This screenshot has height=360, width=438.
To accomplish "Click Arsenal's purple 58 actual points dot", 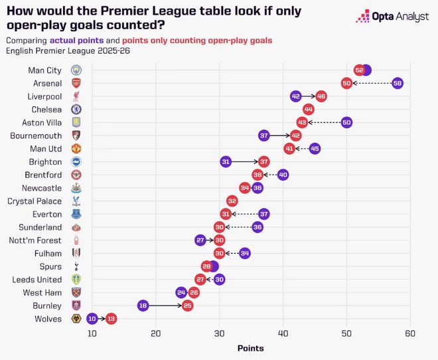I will (398, 83).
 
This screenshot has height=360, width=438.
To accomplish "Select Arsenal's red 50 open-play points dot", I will (346, 83).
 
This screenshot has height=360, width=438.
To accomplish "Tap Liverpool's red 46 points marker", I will (321, 96).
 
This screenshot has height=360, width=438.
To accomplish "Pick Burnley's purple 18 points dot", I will (143, 306).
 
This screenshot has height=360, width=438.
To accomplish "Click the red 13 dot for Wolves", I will (111, 319).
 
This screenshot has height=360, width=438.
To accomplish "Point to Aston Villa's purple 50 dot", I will (346, 122).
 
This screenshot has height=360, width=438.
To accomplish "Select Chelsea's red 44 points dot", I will (309, 109).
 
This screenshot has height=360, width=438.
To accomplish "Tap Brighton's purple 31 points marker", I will (226, 161).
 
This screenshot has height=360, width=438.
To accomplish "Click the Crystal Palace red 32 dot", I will (232, 201).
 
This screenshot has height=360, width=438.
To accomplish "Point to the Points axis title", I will (250, 349).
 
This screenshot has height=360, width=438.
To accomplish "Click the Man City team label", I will (44, 70).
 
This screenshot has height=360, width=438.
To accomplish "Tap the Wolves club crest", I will (76, 319).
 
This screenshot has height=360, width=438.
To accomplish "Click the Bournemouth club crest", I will (76, 135).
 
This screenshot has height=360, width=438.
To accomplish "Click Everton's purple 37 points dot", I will (264, 214).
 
